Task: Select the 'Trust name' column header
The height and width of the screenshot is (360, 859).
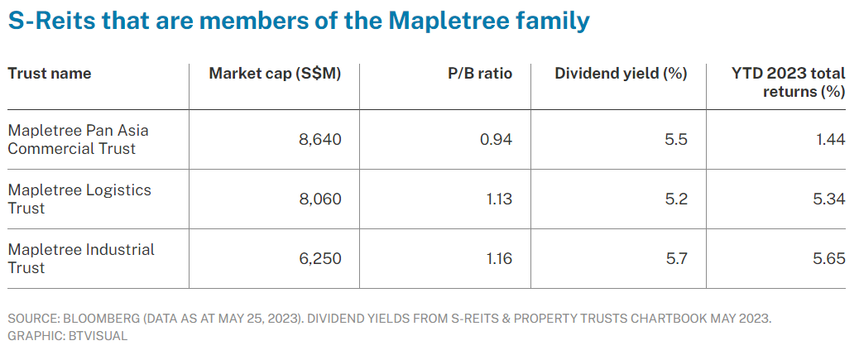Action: [50, 74]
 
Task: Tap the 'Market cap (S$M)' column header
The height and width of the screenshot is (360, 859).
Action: [275, 74]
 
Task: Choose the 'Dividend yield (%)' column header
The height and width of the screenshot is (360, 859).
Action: [621, 74]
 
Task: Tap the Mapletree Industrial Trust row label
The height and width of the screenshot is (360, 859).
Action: [81, 258]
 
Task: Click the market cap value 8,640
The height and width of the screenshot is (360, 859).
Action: [319, 140]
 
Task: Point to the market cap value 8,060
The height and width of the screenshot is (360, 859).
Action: [319, 199]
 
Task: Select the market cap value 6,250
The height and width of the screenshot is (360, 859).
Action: [319, 259]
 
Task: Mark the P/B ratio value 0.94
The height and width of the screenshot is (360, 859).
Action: [496, 140]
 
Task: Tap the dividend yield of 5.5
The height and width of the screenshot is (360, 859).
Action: [675, 140]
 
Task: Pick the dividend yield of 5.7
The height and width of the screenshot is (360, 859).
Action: [675, 259]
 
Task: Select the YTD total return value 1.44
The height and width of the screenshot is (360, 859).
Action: [829, 140]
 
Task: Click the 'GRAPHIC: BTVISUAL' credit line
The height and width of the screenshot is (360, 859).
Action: [67, 337]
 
